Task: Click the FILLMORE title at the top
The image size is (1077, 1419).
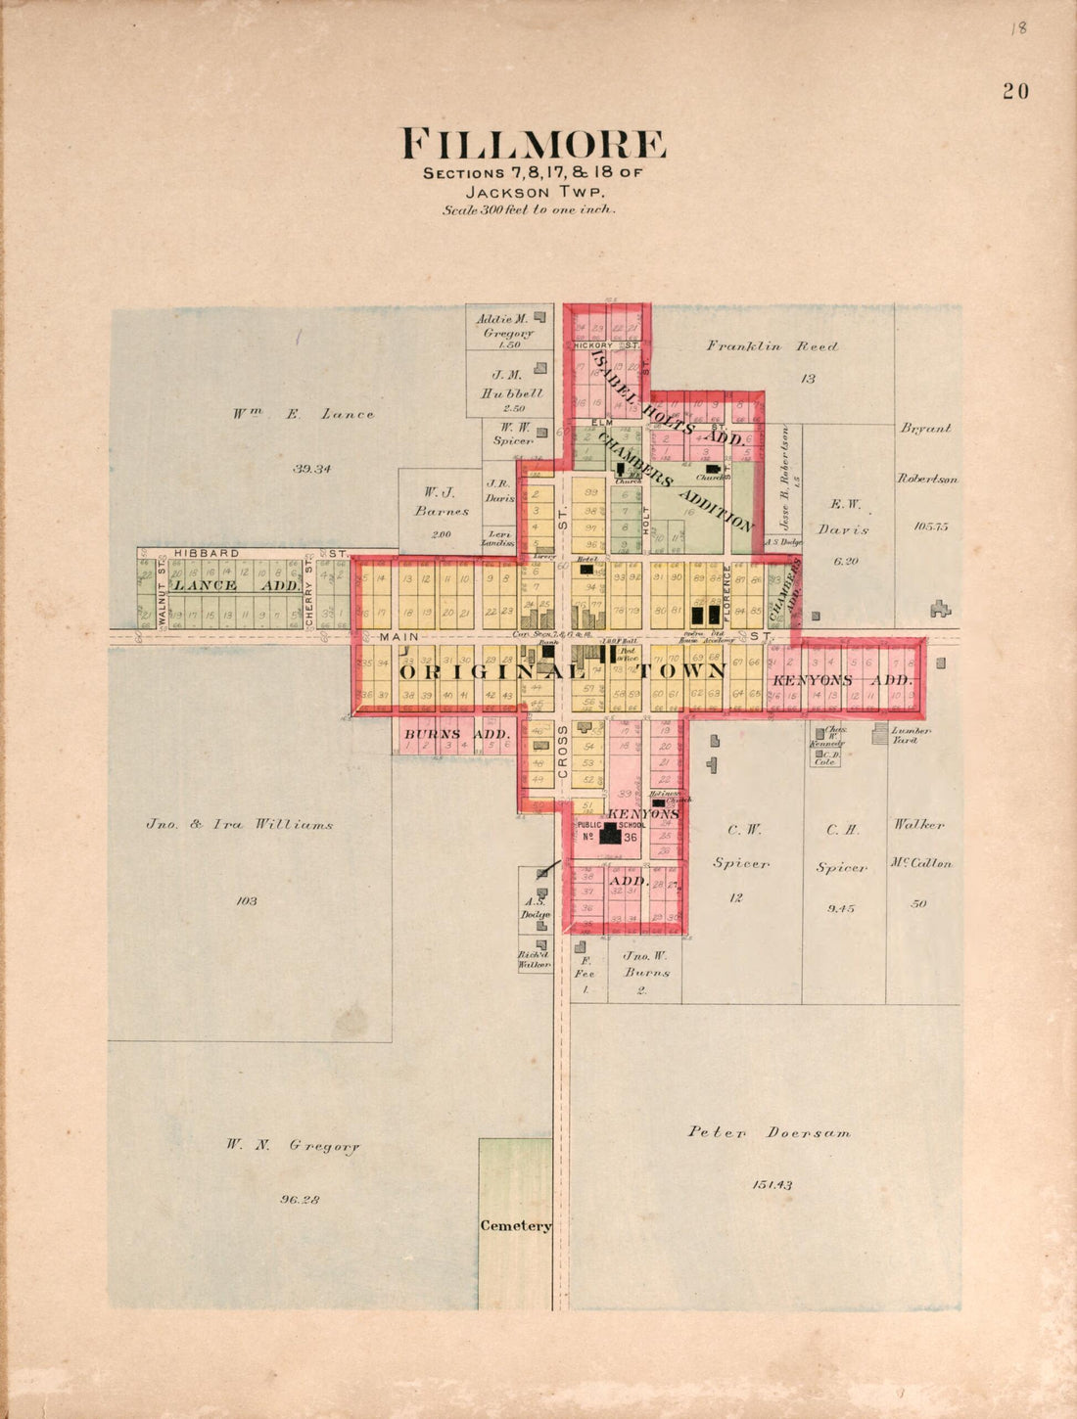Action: (x=535, y=145)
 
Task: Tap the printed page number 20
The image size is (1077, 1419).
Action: (x=1015, y=91)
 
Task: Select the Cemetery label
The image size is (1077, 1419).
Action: (x=515, y=1225)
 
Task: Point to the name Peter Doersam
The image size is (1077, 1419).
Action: (x=769, y=1132)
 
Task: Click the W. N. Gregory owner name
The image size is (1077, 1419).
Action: (x=293, y=1144)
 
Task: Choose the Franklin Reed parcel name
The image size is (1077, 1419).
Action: (x=773, y=346)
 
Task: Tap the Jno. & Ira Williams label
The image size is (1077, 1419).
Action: (x=239, y=824)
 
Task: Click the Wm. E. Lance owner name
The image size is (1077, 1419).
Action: (x=303, y=414)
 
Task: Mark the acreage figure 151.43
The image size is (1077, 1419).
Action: (x=772, y=1185)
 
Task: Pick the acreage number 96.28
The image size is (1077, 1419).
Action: (x=300, y=1199)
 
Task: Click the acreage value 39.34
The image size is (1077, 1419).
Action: (x=311, y=469)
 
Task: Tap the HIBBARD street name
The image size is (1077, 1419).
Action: (x=207, y=553)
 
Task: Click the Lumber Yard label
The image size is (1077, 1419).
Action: (x=910, y=735)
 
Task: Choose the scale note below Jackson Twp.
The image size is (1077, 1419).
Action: (x=529, y=209)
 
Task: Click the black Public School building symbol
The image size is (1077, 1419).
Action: (x=611, y=834)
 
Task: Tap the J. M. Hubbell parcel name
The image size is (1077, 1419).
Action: (x=505, y=384)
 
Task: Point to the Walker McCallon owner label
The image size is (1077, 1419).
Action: (x=919, y=844)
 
